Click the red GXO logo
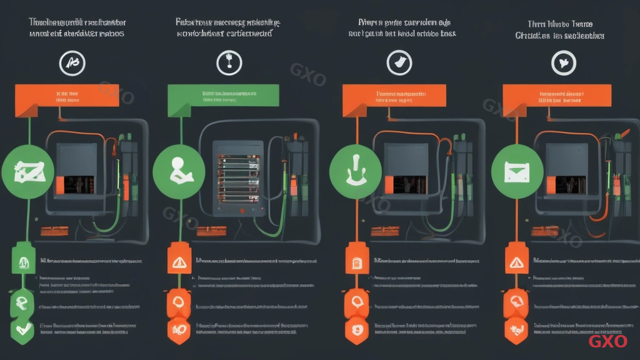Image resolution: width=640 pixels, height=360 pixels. pyautogui.click(x=607, y=341)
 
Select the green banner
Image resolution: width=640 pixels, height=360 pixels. pyautogui.click(x=223, y=94)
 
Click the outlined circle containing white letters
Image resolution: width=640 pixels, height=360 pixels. pyautogui.click(x=72, y=62)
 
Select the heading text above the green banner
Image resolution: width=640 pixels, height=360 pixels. pyautogui.click(x=227, y=28)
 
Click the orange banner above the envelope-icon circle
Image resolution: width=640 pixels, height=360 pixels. pyautogui.click(x=557, y=95)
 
